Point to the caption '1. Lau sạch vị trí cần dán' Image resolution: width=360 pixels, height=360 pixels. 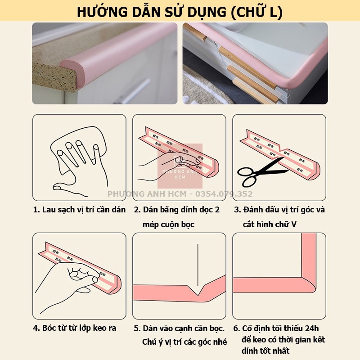pyautogui.click(x=79, y=210)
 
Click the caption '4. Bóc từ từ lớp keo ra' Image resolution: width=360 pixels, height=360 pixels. pyautogui.click(x=75, y=328)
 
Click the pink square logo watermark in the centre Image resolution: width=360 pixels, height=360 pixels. pyautogui.click(x=180, y=166)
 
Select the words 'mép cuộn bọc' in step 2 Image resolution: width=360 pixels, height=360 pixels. pyautogui.click(x=169, y=224)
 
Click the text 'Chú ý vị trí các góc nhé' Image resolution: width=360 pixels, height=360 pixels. pyautogui.click(x=184, y=342)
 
